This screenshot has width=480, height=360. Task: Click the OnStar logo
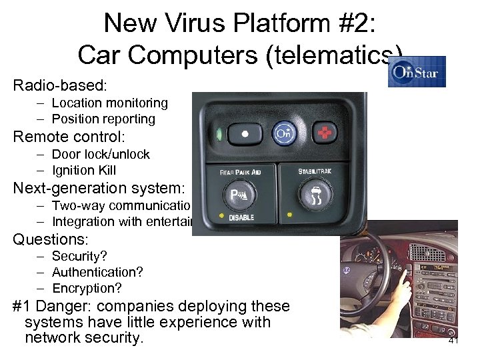coord(417,71)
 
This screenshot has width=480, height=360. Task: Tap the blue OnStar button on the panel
coord(285,133)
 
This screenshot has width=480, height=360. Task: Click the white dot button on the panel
coord(245,133)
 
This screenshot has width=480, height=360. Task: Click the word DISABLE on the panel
coord(242,218)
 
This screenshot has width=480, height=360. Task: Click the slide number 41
coord(453,340)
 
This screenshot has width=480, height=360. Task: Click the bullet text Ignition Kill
coord(83,170)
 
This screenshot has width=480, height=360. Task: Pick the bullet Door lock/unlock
coord(101,154)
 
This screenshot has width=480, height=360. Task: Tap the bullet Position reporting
coord(103,119)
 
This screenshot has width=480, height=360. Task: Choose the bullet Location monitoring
coord(109,103)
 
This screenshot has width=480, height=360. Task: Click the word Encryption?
coord(87,288)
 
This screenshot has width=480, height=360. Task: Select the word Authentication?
coord(97,272)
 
